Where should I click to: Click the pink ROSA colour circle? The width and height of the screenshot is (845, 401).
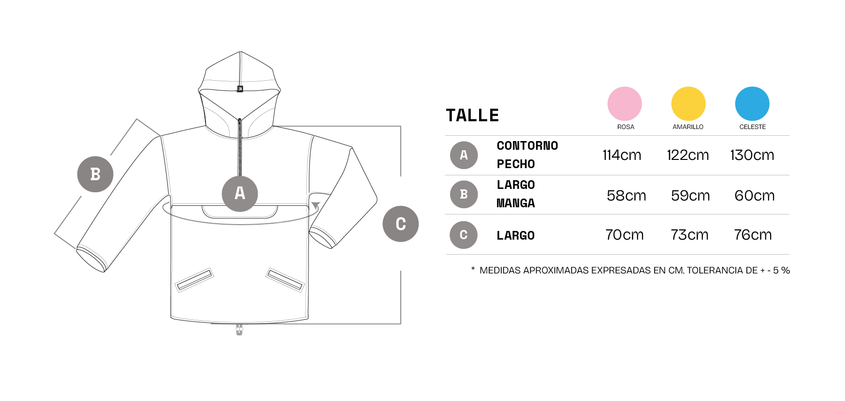point(625,103)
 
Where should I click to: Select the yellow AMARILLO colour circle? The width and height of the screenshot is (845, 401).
point(688,103)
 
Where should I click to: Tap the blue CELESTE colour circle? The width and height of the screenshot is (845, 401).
point(752,103)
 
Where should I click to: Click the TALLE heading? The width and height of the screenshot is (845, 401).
point(472,115)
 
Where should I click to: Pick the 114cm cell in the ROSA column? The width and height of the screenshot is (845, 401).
point(622,155)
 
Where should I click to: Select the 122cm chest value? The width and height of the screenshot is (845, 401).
point(688,155)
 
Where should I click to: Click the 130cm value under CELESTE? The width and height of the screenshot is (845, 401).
point(752,155)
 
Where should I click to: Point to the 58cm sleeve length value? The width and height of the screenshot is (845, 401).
point(626,196)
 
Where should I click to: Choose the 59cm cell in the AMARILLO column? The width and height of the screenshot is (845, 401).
point(690,196)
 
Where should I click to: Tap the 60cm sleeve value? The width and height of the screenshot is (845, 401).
point(755,196)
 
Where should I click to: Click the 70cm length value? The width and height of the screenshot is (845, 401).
point(625,235)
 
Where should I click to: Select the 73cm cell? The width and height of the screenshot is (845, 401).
point(689,235)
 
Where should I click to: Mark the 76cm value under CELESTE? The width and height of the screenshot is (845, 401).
point(753,235)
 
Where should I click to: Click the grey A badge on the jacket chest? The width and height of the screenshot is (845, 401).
point(240,194)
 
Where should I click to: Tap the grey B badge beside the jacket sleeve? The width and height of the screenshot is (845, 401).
point(95,174)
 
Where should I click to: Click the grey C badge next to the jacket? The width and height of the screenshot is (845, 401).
point(401,224)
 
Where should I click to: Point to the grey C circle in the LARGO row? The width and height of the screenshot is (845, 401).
point(464,235)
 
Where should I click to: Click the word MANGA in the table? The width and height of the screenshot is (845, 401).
point(516,203)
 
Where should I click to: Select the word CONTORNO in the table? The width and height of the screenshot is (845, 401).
point(527,146)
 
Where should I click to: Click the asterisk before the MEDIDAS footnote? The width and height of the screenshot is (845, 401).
point(473,269)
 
